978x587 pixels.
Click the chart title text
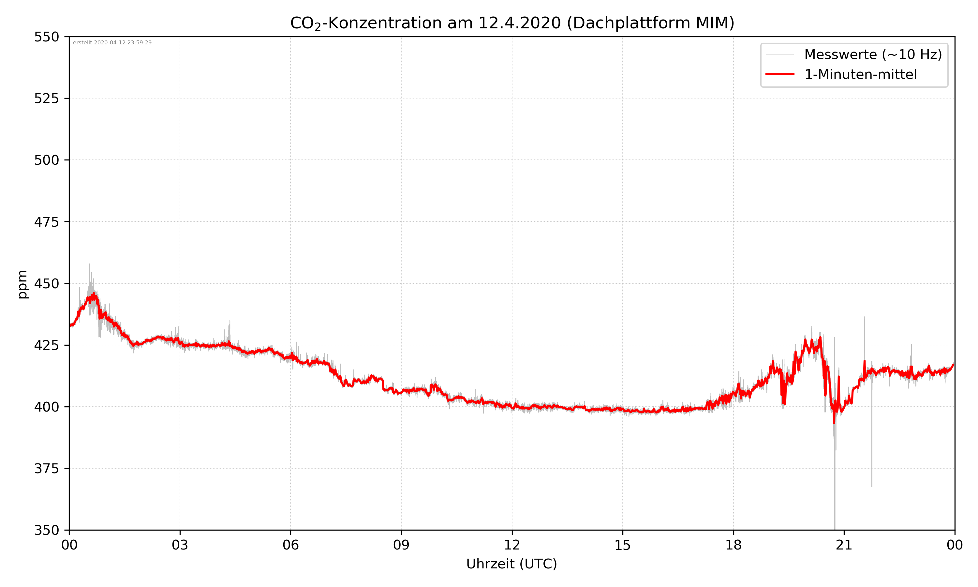coord(512,23)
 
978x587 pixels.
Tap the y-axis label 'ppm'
coord(22,284)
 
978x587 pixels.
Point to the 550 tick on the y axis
coord(46,37)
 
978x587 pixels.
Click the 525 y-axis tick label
coord(46,98)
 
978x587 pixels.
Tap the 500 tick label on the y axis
coord(46,160)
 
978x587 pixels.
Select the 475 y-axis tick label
coord(46,222)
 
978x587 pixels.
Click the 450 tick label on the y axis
coord(46,284)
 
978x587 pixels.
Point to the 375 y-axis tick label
coord(46,469)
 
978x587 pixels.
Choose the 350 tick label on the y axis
coord(46,530)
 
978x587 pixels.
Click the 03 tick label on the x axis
coord(180,545)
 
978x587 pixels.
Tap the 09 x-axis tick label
coord(401,545)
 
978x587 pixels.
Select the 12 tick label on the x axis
coord(512,545)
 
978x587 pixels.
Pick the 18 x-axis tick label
coord(733,545)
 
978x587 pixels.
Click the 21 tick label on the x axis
coord(844,545)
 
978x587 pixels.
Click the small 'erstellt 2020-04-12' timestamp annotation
coord(112,43)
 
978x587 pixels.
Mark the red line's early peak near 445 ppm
coord(93,295)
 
